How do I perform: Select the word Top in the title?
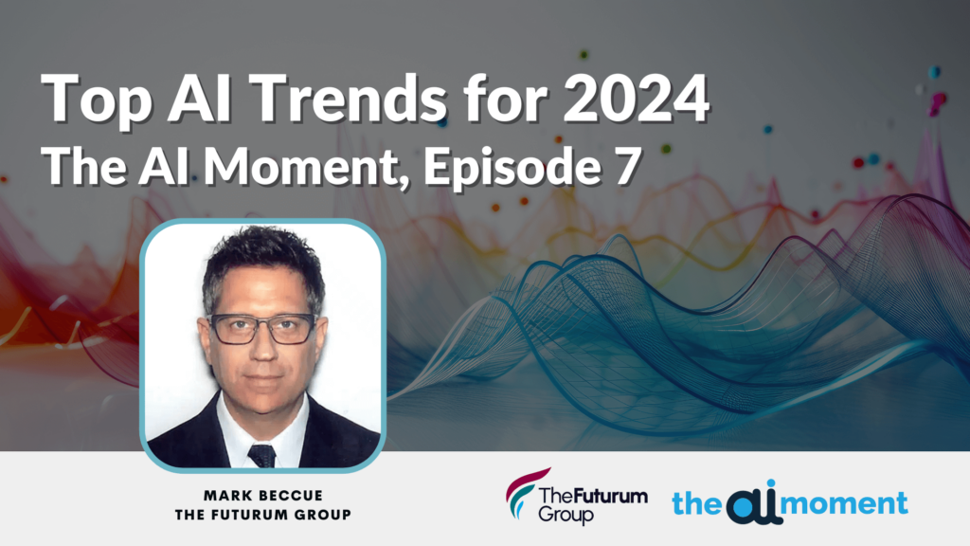(x=92, y=98)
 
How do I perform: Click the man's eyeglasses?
(x=261, y=328)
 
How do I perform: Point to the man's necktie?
(x=261, y=454)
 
